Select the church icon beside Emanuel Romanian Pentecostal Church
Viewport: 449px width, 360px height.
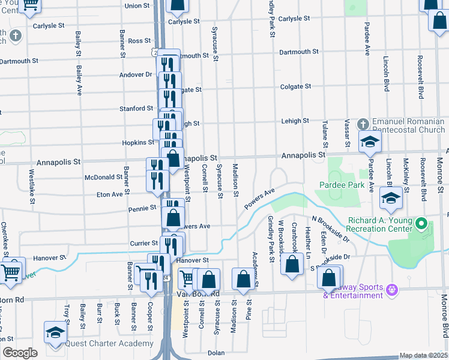click(x=362, y=124)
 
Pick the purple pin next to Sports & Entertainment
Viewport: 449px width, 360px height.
click(x=393, y=290)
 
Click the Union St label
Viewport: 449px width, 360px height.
click(x=137, y=6)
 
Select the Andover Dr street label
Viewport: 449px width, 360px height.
click(x=136, y=74)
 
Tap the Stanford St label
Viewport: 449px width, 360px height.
click(x=136, y=109)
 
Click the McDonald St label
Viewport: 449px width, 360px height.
click(x=103, y=177)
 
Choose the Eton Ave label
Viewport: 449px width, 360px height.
click(x=110, y=194)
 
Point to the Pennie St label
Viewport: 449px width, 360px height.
click(x=142, y=208)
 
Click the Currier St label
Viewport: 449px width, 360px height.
click(x=143, y=243)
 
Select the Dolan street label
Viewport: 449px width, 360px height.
click(x=216, y=353)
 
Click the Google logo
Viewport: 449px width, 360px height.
click(x=20, y=353)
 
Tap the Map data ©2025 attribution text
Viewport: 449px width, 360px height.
click(x=423, y=355)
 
